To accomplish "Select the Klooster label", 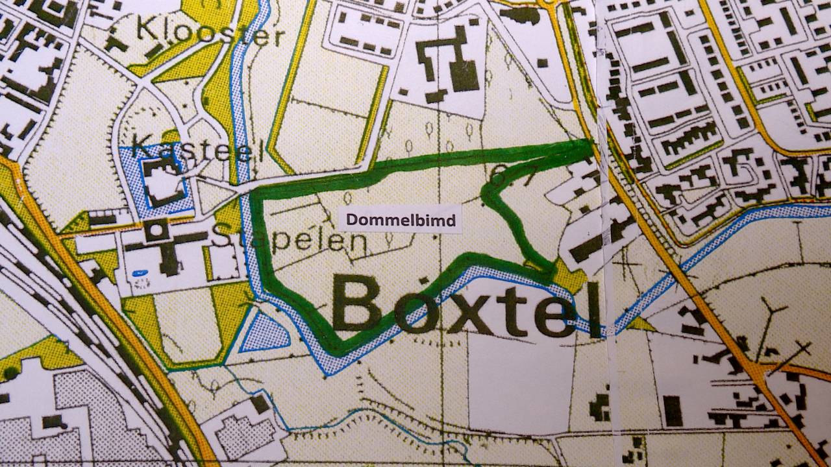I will click(212, 32).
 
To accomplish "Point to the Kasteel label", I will click(195, 149).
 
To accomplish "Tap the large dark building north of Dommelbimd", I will click(448, 65).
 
